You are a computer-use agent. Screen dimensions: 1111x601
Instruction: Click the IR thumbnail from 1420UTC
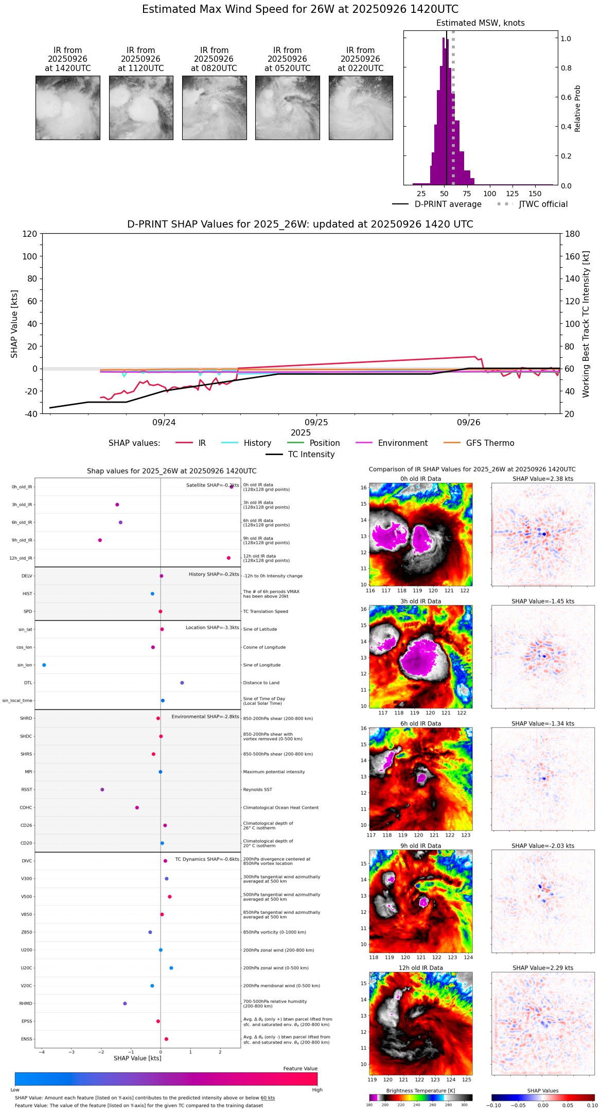point(67,108)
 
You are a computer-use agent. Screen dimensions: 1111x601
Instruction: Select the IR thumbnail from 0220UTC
point(361,108)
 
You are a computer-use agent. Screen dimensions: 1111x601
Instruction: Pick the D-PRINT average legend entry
point(437,204)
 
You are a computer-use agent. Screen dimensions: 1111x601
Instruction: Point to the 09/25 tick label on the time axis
point(316,423)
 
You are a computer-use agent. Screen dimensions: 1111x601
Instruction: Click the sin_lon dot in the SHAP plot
point(44,665)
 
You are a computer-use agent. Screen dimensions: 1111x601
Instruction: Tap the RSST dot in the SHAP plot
point(102,790)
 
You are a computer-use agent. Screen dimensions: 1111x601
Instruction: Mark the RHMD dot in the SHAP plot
point(125,1003)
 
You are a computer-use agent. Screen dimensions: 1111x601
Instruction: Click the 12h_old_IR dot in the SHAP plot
point(228,558)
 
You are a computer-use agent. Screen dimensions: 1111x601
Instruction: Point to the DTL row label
point(28,683)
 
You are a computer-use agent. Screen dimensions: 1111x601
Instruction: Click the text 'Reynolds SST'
point(258,790)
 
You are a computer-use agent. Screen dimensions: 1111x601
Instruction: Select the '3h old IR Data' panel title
point(420,601)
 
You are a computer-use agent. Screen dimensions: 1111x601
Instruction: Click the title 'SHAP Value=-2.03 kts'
point(543,846)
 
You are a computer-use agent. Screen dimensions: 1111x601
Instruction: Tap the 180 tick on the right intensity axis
point(573,234)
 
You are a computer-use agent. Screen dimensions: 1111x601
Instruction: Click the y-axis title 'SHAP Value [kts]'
point(14,324)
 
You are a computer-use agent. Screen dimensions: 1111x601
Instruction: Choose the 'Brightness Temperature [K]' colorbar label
point(420,1090)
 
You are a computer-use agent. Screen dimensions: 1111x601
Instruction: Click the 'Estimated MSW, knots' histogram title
point(481,23)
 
